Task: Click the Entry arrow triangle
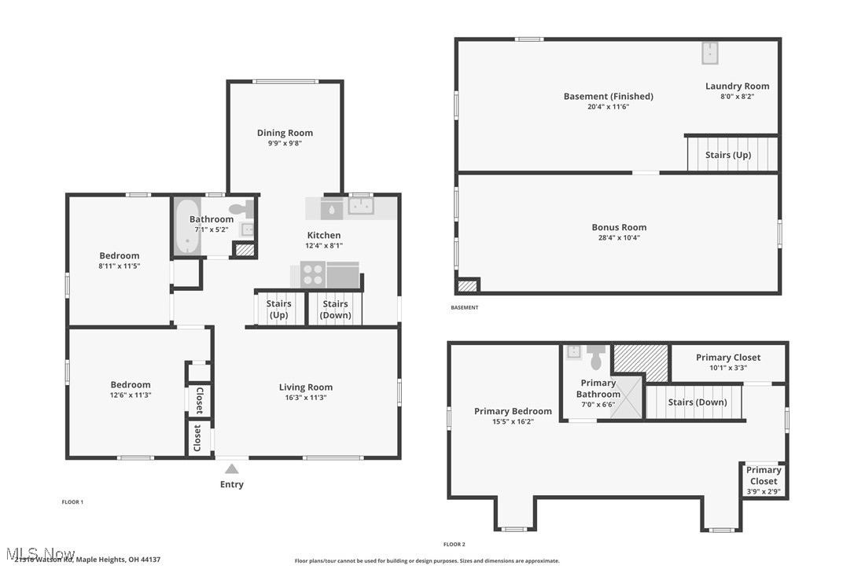pyautogui.click(x=231, y=469)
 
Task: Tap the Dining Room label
pyautogui.click(x=285, y=133)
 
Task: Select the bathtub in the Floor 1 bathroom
pyautogui.click(x=186, y=226)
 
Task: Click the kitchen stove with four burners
pyautogui.click(x=312, y=274)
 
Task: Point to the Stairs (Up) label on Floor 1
pyautogui.click(x=278, y=309)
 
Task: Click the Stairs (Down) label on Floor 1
pyautogui.click(x=335, y=309)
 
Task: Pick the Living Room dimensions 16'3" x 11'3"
pyautogui.click(x=306, y=398)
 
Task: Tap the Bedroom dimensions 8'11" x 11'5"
pyautogui.click(x=119, y=266)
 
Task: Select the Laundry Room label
pyautogui.click(x=737, y=86)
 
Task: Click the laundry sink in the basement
pyautogui.click(x=711, y=53)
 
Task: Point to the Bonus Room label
pyautogui.click(x=619, y=227)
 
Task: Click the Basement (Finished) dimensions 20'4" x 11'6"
pyautogui.click(x=608, y=106)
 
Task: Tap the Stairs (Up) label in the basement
pyautogui.click(x=727, y=155)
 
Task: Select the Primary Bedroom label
pyautogui.click(x=513, y=411)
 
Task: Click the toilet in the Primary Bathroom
pyautogui.click(x=595, y=358)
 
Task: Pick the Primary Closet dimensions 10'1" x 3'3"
pyautogui.click(x=728, y=367)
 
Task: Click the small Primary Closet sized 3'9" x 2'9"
pyautogui.click(x=763, y=480)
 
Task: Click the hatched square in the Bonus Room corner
pyautogui.click(x=468, y=285)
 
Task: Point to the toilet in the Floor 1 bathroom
pyautogui.click(x=247, y=209)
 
